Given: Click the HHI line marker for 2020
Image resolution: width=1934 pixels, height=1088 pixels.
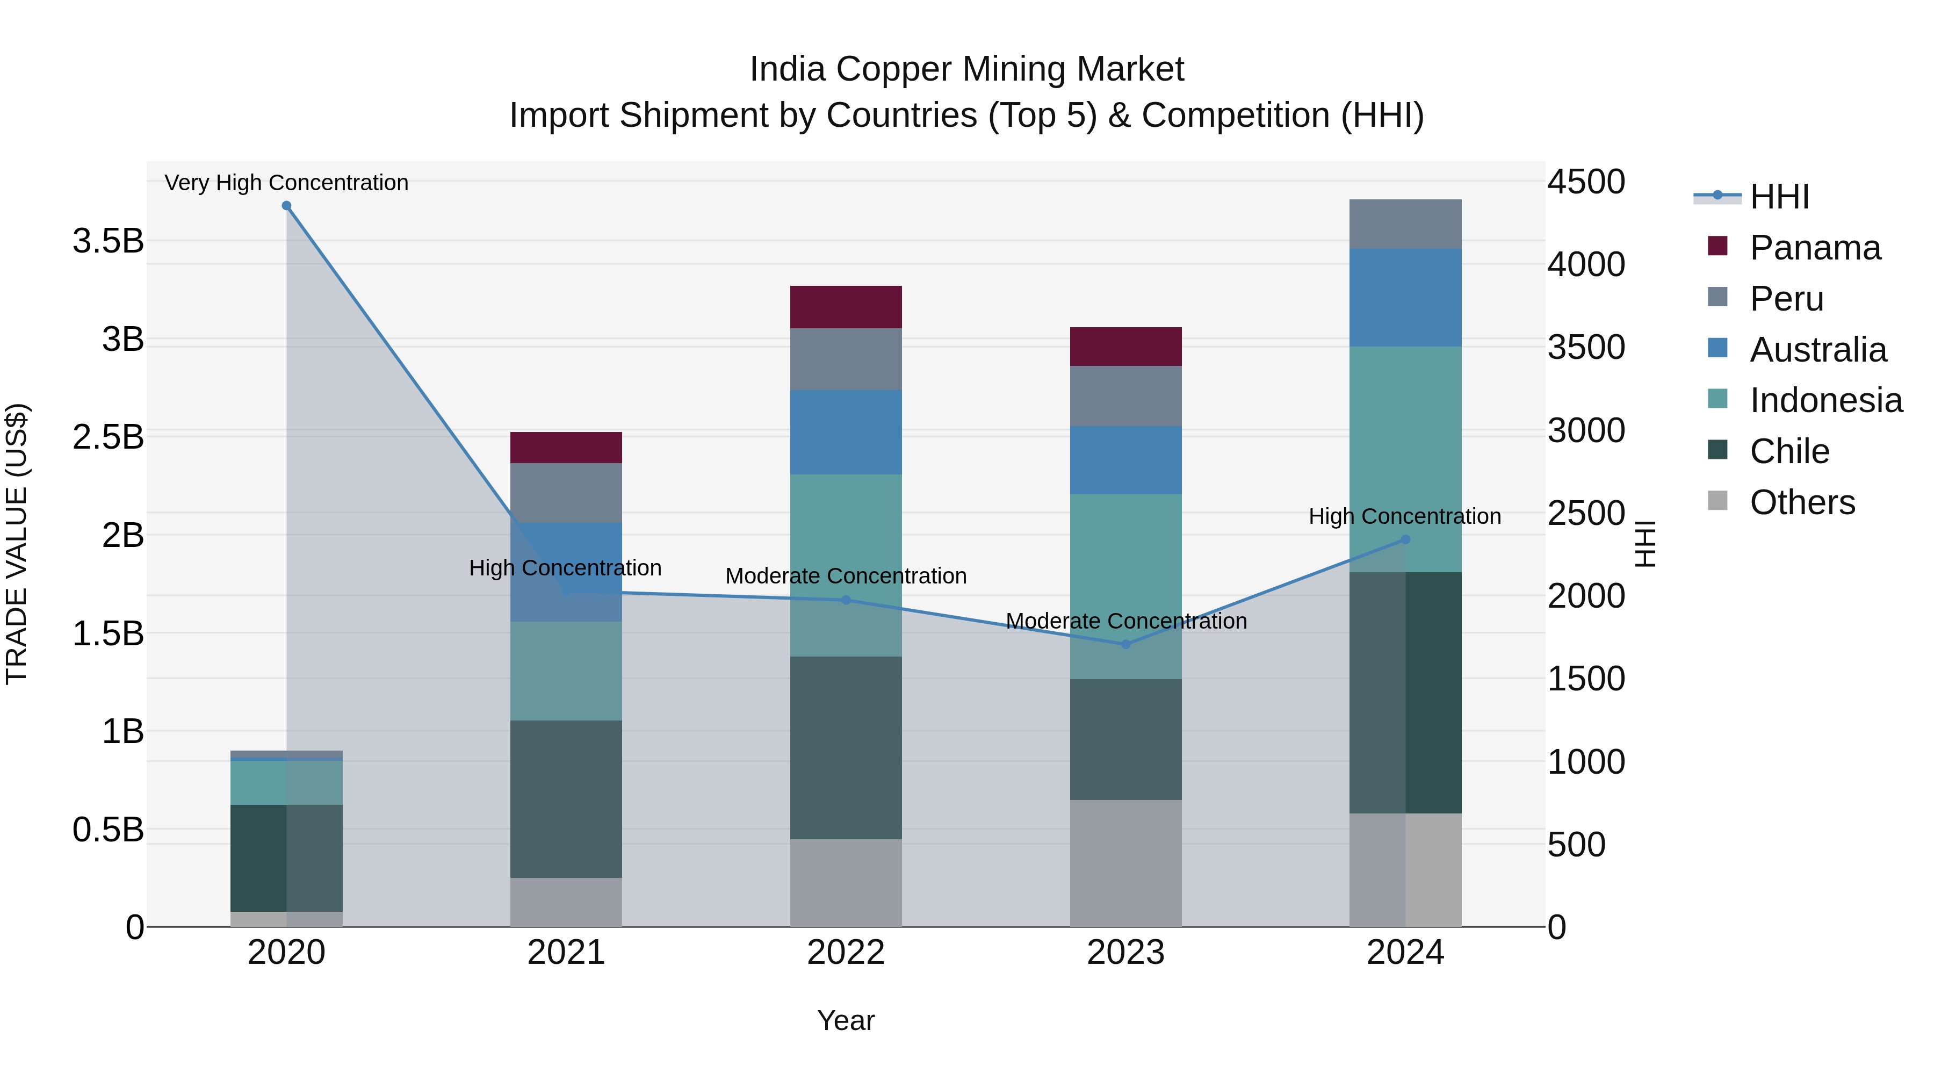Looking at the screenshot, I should click(286, 206).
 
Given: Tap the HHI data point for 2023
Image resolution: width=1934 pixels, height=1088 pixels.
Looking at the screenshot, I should click(1125, 644).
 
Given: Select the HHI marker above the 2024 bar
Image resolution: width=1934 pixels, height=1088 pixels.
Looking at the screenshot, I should click(1405, 539).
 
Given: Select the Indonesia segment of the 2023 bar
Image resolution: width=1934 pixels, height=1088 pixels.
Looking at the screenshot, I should click(1125, 586).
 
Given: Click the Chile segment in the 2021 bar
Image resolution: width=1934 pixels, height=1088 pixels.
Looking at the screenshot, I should click(566, 798).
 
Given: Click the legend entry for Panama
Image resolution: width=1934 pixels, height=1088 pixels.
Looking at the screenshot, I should click(1815, 248).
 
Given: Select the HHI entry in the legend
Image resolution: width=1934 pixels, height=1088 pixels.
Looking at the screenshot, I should click(1779, 197).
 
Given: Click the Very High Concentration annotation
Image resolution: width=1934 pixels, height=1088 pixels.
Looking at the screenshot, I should click(286, 183).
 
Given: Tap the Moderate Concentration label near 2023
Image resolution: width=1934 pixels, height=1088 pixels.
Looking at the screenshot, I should click(1125, 621).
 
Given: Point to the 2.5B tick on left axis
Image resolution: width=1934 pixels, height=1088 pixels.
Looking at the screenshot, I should click(108, 437).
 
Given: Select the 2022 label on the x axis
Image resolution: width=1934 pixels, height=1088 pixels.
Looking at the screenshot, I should click(846, 953).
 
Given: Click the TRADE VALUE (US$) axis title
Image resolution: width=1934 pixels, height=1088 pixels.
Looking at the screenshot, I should click(17, 544).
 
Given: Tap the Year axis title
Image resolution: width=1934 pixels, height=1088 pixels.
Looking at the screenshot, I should click(846, 1020).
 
